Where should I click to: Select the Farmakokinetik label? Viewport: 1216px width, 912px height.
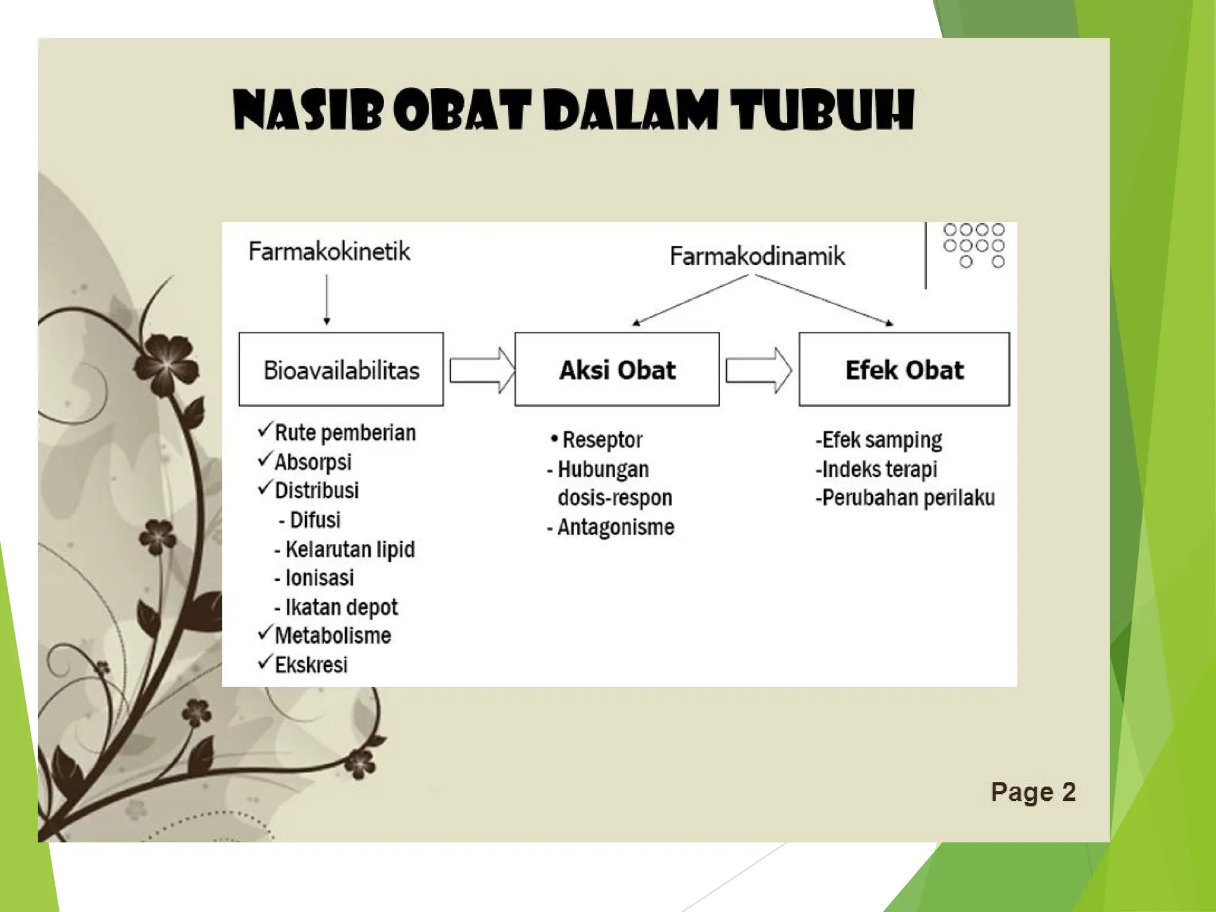[329, 251]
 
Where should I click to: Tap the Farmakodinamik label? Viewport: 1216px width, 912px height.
[757, 256]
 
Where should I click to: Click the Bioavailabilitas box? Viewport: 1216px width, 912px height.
[341, 369]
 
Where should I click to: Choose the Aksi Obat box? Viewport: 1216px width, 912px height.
[617, 369]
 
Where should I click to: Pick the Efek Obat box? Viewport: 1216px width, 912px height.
[904, 369]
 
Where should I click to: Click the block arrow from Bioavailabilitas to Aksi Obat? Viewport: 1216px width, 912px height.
[481, 370]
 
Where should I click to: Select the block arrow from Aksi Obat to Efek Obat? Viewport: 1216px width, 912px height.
[758, 370]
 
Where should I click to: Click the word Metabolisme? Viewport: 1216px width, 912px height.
[332, 635]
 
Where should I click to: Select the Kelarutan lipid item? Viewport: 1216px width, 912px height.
[350, 549]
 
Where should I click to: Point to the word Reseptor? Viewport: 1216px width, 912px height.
[602, 440]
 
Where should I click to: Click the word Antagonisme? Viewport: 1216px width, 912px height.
[616, 527]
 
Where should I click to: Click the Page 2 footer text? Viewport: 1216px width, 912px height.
[1033, 792]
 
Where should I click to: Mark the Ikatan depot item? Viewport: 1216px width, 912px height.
[341, 607]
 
